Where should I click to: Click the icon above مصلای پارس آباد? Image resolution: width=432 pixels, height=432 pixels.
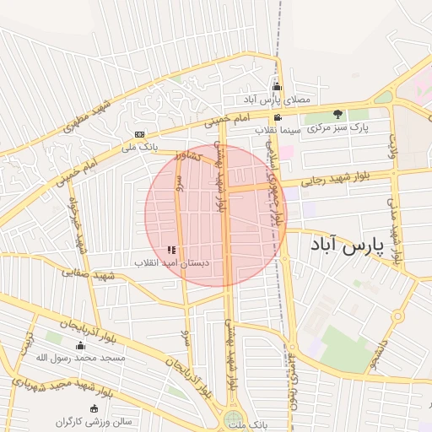(277, 87)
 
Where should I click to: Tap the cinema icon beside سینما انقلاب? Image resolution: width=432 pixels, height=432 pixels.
(278, 118)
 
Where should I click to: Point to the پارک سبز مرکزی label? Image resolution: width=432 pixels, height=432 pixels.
(337, 127)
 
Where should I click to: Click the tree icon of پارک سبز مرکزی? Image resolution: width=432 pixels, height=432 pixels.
(337, 114)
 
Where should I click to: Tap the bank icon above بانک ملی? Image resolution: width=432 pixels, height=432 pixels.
(140, 134)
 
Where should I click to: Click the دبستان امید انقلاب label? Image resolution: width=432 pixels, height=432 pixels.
(173, 263)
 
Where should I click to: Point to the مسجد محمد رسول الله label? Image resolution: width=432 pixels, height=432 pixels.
(81, 358)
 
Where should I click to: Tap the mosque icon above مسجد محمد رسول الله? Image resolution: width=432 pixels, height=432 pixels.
(81, 345)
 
